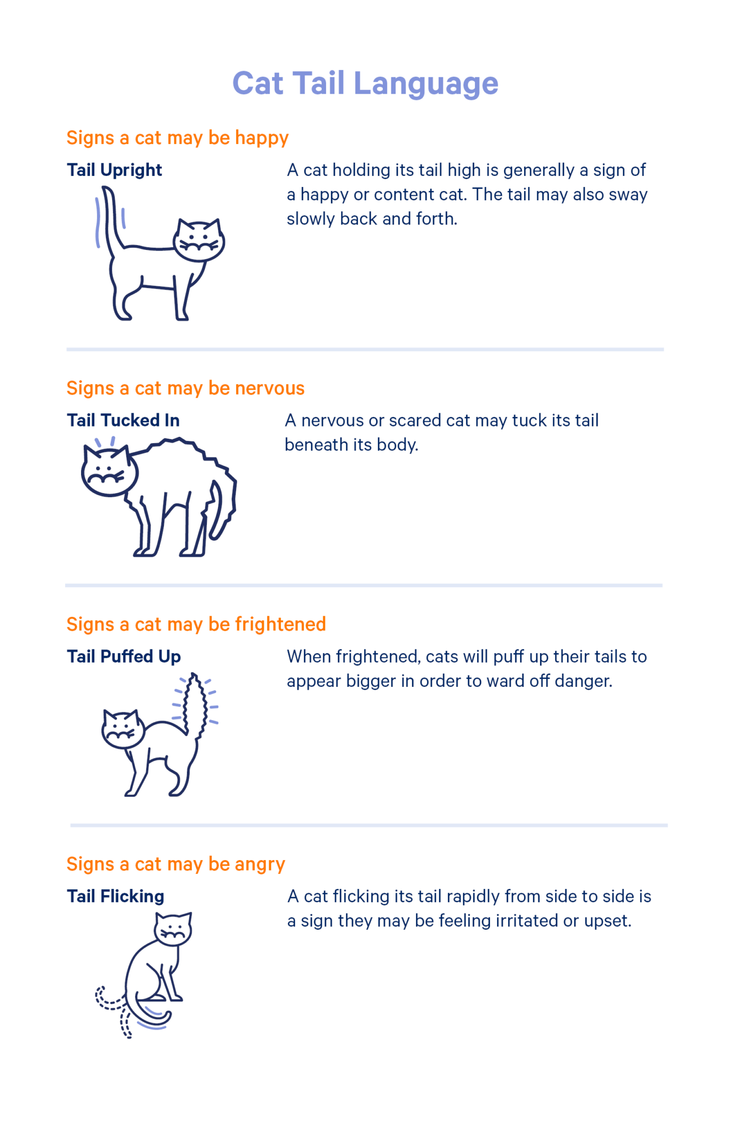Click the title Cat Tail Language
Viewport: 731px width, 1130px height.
pyautogui.click(x=365, y=84)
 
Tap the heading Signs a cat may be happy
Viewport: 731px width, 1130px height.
pyautogui.click(x=178, y=138)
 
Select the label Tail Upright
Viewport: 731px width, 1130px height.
pyautogui.click(x=114, y=170)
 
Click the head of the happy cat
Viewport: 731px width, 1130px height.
pyautogui.click(x=199, y=240)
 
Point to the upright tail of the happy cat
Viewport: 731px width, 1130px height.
pyautogui.click(x=110, y=221)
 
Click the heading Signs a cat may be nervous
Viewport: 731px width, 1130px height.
pyautogui.click(x=185, y=388)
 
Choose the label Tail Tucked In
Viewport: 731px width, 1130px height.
pyautogui.click(x=123, y=420)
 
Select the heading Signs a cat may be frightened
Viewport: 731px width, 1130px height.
pyautogui.click(x=196, y=625)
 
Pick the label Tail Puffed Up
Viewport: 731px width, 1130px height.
pyautogui.click(x=124, y=657)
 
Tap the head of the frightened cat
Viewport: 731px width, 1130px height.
pyautogui.click(x=123, y=729)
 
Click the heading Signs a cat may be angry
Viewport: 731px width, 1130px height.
pyautogui.click(x=175, y=864)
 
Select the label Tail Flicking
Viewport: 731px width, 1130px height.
pyautogui.click(x=115, y=896)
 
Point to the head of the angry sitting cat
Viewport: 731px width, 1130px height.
pyautogui.click(x=173, y=929)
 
